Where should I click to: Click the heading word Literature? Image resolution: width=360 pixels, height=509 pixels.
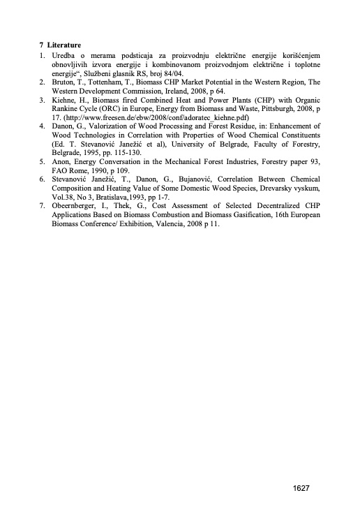(63, 45)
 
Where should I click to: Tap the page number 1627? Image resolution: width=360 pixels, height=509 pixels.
(301, 489)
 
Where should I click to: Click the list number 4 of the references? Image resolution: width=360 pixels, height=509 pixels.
(42, 127)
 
